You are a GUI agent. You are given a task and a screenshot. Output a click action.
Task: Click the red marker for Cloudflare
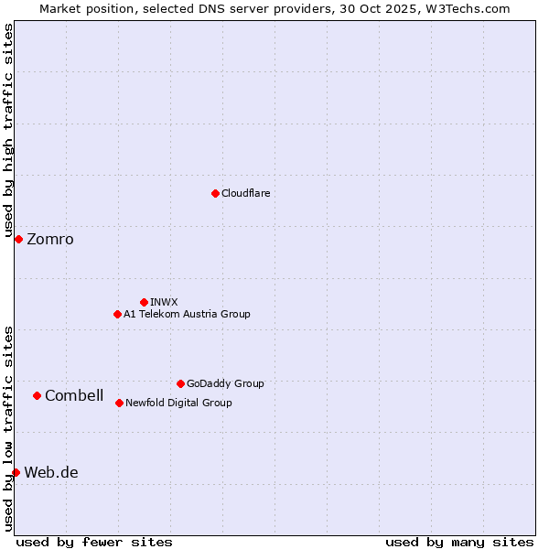(x=215, y=193)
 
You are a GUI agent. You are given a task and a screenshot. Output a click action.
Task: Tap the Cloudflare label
(x=246, y=194)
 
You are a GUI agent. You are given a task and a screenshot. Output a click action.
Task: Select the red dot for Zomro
(x=18, y=239)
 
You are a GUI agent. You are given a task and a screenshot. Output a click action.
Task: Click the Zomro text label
(x=50, y=240)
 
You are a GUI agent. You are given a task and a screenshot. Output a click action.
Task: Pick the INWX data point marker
(x=144, y=302)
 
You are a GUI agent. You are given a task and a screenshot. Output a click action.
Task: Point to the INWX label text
(x=165, y=302)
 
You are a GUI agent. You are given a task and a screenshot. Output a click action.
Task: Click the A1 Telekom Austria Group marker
(x=117, y=314)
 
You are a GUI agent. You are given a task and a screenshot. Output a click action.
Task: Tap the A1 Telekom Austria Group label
(x=187, y=315)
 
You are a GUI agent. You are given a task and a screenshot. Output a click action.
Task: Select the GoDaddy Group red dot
(x=180, y=383)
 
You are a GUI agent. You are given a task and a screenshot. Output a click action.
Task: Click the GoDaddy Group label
(x=225, y=384)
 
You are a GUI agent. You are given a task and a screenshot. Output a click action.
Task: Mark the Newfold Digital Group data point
(x=119, y=403)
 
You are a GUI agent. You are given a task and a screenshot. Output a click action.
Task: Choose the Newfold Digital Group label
(x=178, y=404)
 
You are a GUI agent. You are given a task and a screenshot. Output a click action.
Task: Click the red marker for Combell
(x=37, y=395)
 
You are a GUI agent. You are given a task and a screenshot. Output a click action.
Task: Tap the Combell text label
(x=74, y=396)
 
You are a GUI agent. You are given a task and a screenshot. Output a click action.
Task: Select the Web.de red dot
(x=16, y=472)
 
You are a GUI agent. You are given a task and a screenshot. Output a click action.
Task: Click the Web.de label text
(x=51, y=473)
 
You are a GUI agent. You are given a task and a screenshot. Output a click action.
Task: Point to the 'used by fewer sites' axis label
(x=94, y=542)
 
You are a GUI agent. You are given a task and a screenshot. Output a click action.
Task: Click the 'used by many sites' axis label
(x=459, y=542)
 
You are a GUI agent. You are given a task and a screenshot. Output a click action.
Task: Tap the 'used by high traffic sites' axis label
(x=8, y=132)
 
